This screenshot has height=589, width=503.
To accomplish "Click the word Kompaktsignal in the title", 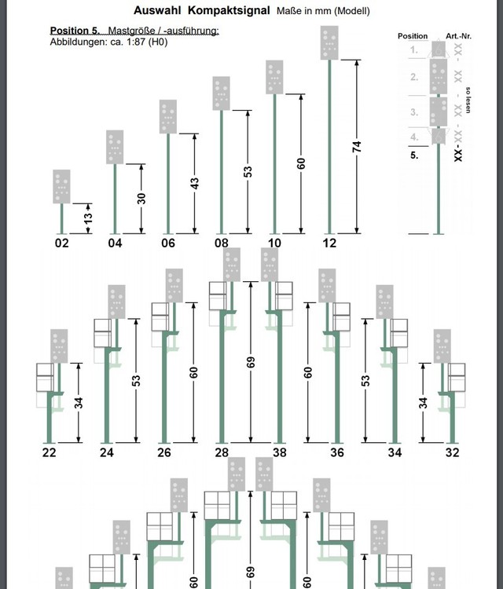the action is click(229, 10).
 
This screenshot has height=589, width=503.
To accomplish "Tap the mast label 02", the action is click(62, 243).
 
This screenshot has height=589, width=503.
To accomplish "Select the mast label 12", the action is click(329, 243).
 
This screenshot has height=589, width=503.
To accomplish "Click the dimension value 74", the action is click(357, 147).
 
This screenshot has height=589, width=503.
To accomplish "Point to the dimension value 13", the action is click(88, 218).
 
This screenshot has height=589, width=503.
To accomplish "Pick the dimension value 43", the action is click(194, 183).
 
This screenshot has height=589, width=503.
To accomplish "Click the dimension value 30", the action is click(141, 199).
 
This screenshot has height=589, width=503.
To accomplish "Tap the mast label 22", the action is click(50, 452).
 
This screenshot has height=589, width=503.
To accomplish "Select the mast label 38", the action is click(279, 452).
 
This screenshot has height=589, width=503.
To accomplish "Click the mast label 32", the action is click(452, 452).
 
